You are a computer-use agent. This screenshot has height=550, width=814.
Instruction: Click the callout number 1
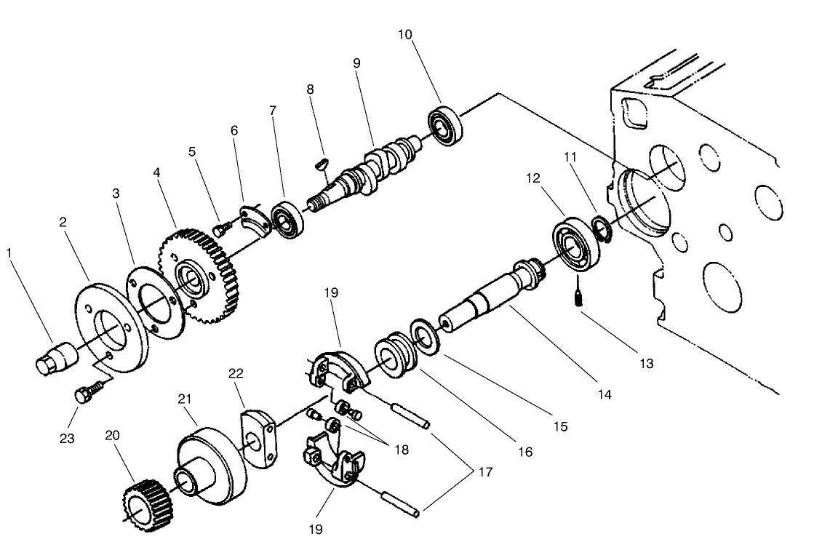9,253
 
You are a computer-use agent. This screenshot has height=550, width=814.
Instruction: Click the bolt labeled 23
82,395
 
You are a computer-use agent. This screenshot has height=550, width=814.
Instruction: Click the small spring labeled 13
580,298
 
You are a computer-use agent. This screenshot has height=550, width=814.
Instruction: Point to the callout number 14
604,395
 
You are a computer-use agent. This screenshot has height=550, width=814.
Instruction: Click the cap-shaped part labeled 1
55,359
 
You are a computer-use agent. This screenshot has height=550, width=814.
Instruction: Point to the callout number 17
485,472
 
